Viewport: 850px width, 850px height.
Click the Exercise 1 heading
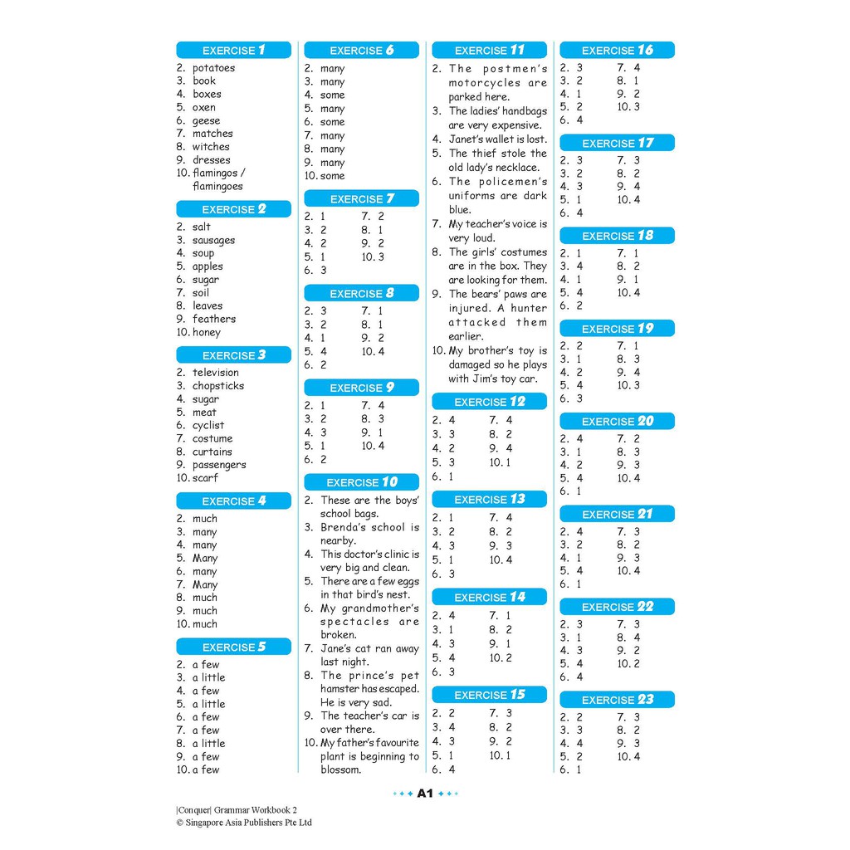tap(233, 50)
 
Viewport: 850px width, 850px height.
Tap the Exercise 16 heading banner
tap(617, 50)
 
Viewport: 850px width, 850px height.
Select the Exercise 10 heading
tap(361, 482)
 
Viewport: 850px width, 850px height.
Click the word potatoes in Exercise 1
tap(213, 68)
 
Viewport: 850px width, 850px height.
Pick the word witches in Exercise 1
tap(211, 147)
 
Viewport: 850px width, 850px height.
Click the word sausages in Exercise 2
tap(213, 240)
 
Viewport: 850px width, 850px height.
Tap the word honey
tap(207, 332)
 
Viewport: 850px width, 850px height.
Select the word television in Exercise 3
tap(215, 373)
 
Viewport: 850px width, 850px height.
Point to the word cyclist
tap(208, 425)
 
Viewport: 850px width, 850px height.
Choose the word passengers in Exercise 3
tap(219, 465)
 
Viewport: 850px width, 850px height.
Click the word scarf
tap(205, 478)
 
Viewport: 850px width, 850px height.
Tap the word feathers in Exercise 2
tap(214, 319)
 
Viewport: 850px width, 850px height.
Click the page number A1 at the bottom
tap(425, 794)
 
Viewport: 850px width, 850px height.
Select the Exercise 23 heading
tap(617, 700)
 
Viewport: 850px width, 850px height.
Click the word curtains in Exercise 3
tap(212, 452)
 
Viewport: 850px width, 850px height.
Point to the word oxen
tap(204, 107)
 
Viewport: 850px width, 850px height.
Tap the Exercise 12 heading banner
tap(489, 402)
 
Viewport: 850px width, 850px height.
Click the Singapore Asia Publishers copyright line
tap(244, 823)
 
